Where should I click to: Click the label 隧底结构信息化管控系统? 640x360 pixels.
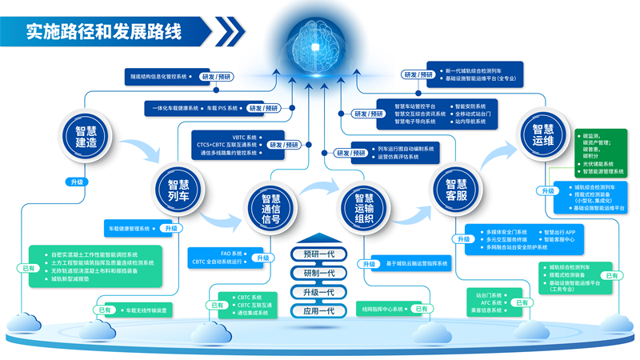158,77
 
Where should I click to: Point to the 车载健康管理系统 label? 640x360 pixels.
129,229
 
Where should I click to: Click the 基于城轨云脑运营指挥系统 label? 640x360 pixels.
418,263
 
